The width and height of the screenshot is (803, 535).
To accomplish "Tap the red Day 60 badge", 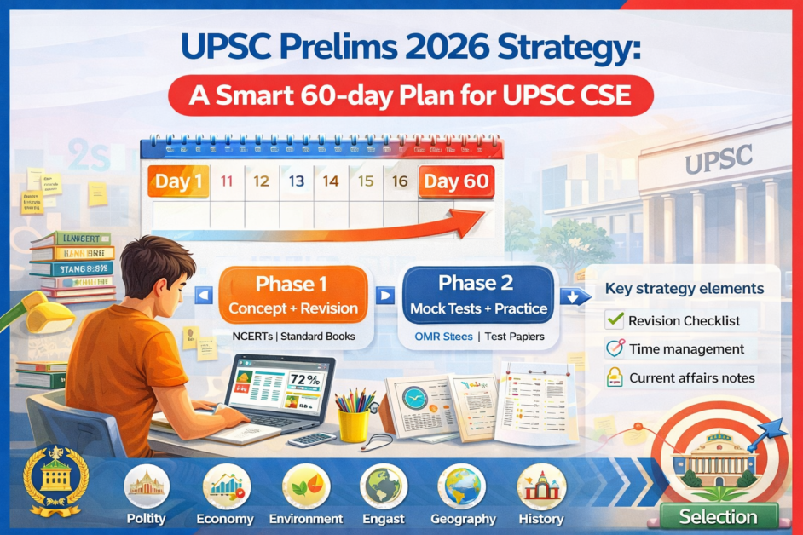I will [456, 181].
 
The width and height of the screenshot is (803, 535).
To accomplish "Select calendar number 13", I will [297, 181].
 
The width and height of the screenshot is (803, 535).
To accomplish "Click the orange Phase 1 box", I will [293, 295].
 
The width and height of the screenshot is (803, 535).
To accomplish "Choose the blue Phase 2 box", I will [478, 294].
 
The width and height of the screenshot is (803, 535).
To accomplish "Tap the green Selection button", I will [718, 516].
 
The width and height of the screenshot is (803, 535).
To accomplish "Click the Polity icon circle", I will [146, 486].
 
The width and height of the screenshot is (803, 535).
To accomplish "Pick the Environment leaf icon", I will [305, 486].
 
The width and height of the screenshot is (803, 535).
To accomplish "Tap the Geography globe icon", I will [462, 486].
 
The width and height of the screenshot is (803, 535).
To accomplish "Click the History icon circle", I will [540, 486].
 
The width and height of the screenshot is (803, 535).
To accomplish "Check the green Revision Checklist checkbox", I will [614, 320].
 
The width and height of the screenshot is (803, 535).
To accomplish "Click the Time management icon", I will [614, 348].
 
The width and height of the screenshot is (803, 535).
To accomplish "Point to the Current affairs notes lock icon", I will [614, 377].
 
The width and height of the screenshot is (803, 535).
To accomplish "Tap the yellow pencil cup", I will [353, 422].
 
